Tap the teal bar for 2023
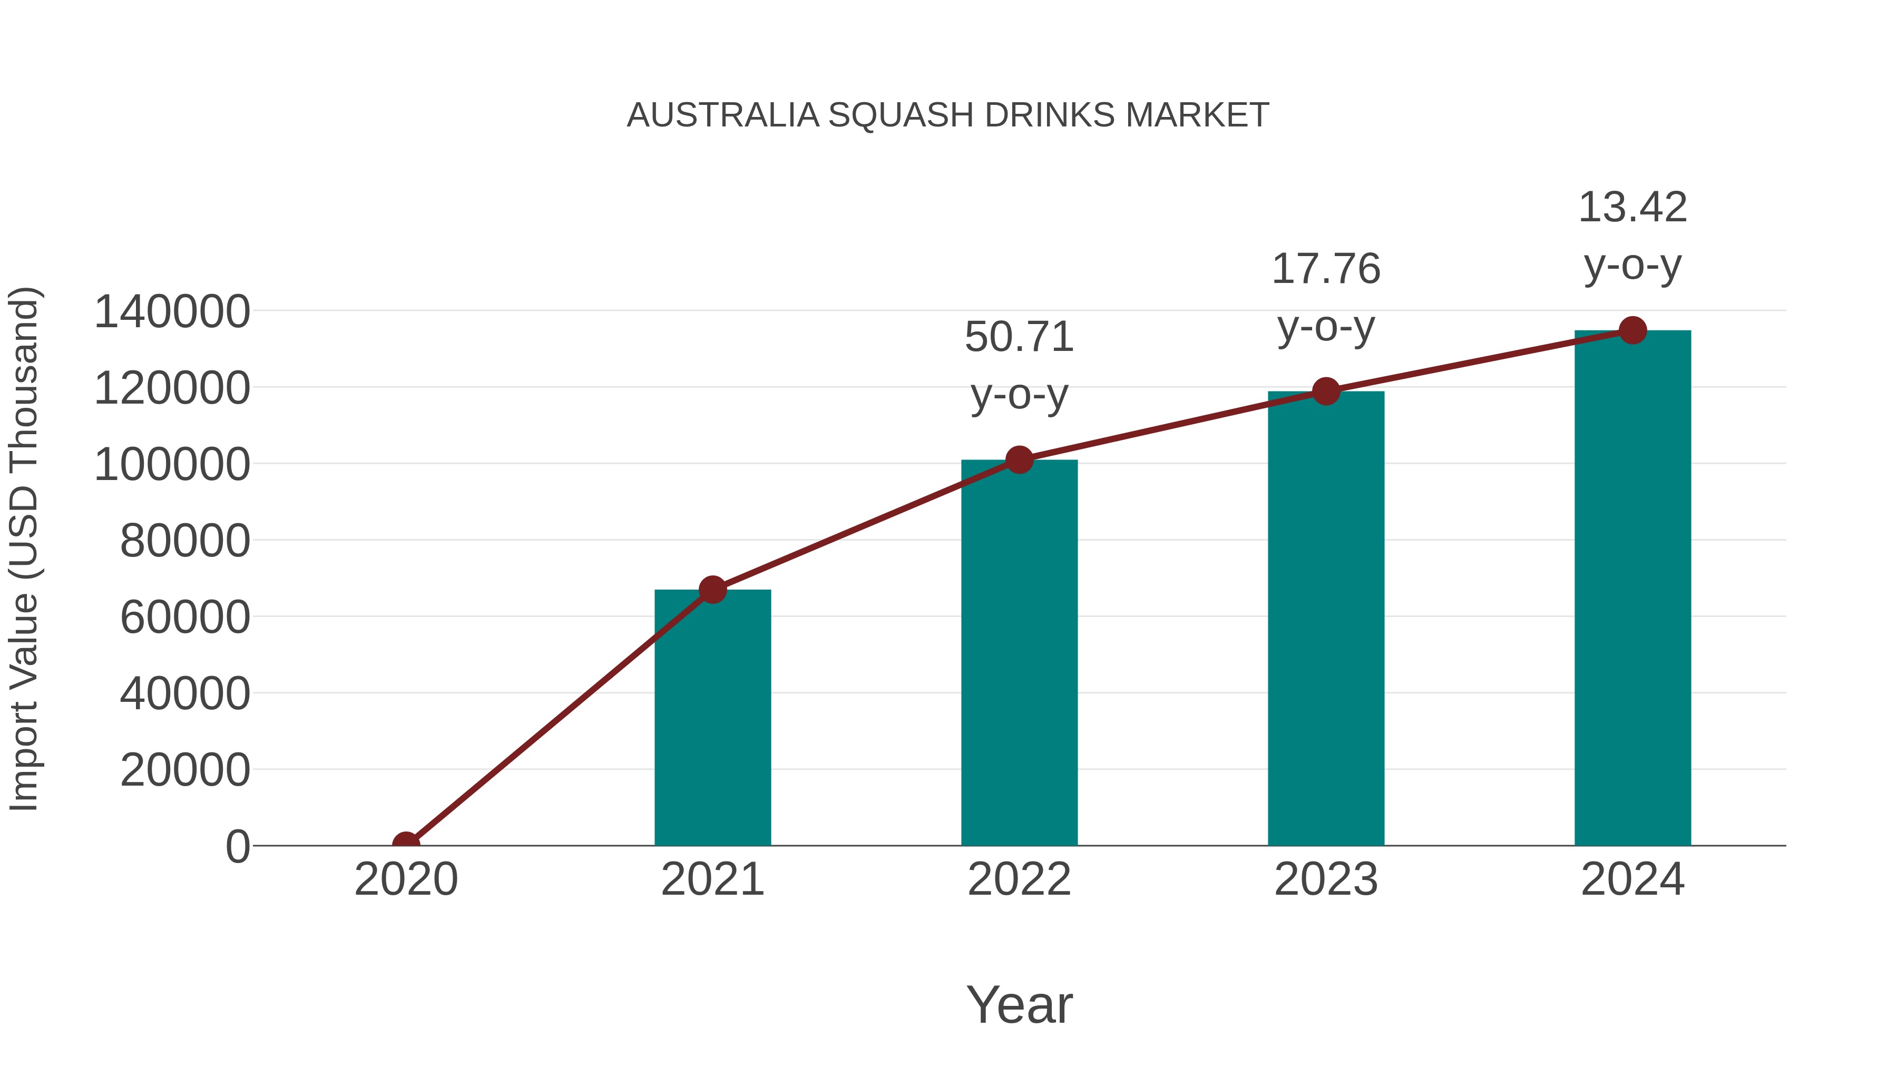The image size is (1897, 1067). [1326, 619]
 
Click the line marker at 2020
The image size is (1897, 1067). [406, 844]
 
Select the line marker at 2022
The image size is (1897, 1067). [1019, 460]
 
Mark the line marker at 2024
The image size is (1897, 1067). [1632, 330]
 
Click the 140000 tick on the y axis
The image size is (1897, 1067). [172, 311]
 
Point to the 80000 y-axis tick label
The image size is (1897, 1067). [185, 541]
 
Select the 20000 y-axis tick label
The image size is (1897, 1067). [185, 770]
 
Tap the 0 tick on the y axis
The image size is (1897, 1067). [238, 847]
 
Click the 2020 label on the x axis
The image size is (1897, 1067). [406, 879]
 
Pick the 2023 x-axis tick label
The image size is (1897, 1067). [1326, 879]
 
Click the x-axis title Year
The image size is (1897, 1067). [1019, 1004]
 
